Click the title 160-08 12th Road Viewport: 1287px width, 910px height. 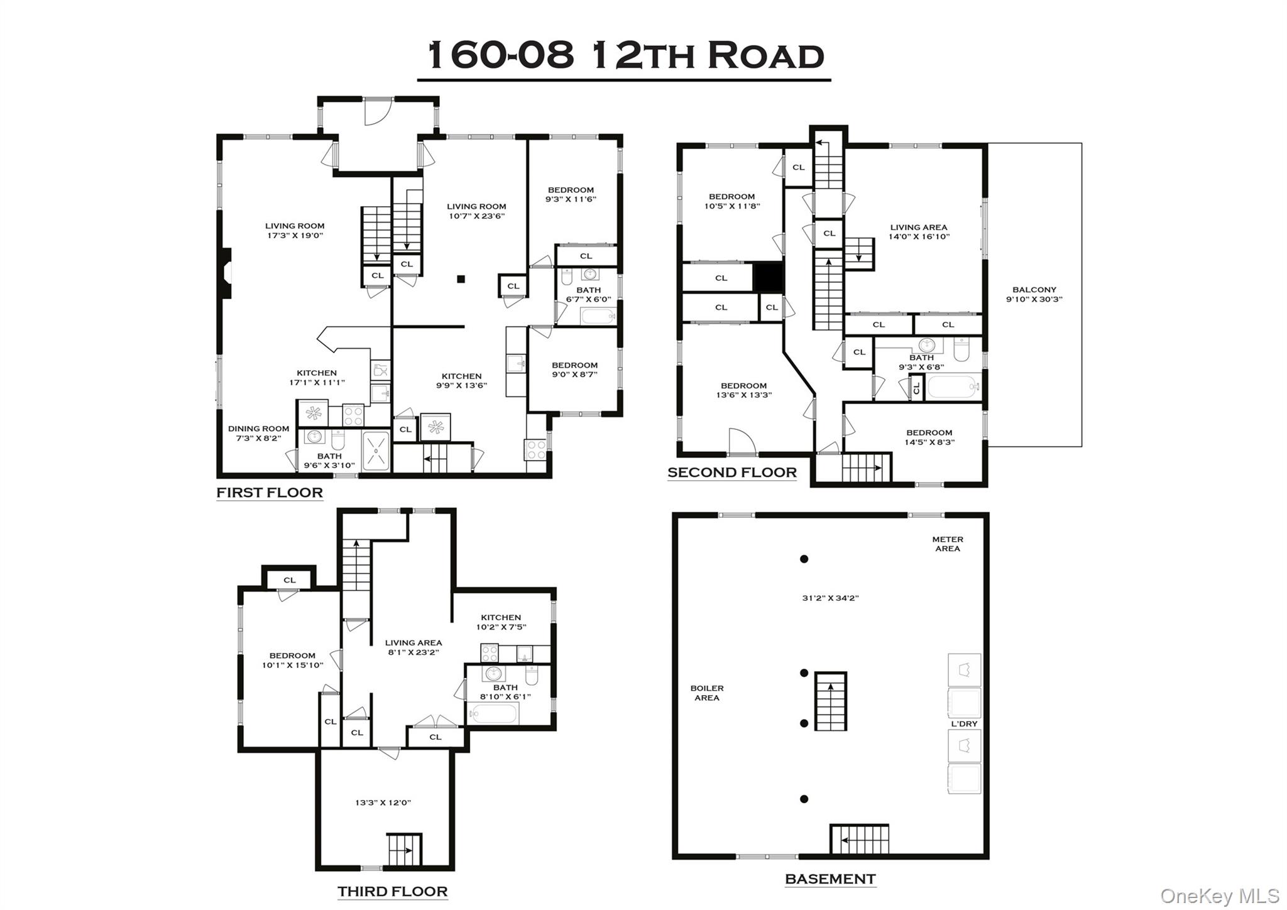625,55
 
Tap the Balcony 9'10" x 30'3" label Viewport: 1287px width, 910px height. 1034,294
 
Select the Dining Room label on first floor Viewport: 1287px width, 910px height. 258,433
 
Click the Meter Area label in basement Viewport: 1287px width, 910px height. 947,544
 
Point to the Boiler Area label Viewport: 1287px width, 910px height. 706,693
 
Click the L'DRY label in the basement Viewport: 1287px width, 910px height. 963,723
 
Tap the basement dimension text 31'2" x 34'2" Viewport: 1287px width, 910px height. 830,598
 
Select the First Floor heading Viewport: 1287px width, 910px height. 270,492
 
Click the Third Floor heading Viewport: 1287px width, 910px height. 392,891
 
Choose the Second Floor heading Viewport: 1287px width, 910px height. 731,472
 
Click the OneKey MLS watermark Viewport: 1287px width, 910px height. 1219,895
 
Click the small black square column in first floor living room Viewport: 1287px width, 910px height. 461,279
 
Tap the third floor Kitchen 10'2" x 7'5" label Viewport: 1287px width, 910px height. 501,622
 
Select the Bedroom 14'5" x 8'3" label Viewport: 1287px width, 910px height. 929,437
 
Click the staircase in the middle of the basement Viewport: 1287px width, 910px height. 830,701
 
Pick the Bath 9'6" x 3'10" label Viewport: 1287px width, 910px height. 329,461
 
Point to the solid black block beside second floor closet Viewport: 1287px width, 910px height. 767,277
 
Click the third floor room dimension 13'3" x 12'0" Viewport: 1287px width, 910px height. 383,803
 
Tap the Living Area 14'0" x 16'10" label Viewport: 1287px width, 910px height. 918,232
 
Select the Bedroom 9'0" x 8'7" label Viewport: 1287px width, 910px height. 574,370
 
